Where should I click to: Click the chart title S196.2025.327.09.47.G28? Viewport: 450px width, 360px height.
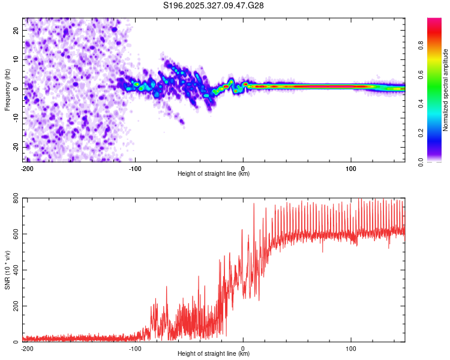pyautogui.click(x=214, y=5)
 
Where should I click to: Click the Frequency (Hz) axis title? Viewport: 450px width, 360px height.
pyautogui.click(x=7, y=88)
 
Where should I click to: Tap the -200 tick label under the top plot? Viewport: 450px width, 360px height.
pyautogui.click(x=26, y=169)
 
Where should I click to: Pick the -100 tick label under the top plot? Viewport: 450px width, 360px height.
pyautogui.click(x=135, y=169)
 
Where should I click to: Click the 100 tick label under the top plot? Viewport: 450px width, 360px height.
pyautogui.click(x=350, y=169)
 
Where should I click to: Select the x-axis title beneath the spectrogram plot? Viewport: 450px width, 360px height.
pyautogui.click(x=214, y=174)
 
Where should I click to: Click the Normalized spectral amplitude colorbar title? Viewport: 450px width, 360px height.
pyautogui.click(x=446, y=90)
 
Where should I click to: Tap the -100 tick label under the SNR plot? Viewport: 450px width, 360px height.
pyautogui.click(x=135, y=347)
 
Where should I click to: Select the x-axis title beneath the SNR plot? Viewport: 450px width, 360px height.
pyautogui.click(x=214, y=353)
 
